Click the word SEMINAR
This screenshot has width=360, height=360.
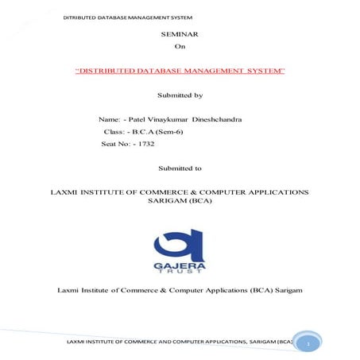tap(180, 36)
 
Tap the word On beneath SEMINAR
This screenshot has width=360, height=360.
tap(179, 48)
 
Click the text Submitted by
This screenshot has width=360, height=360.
tap(180, 95)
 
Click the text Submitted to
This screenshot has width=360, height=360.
tap(180, 168)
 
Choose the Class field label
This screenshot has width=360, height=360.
tap(115, 131)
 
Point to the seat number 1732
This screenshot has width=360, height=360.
tap(145, 144)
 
